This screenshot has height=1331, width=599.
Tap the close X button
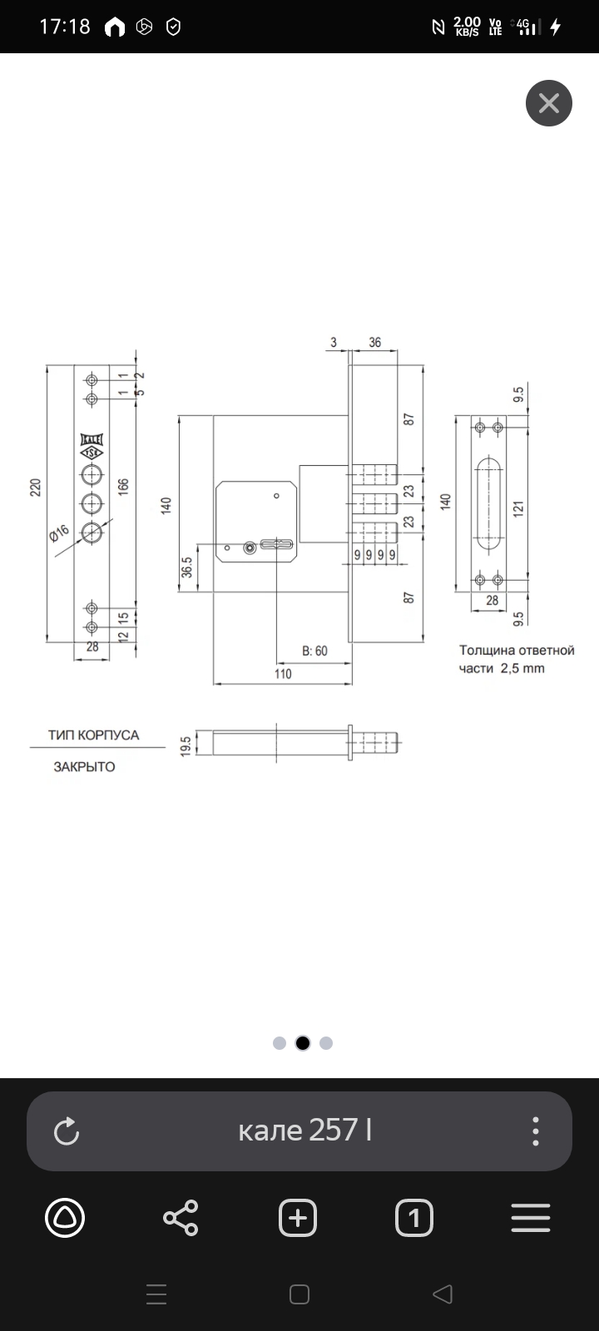coord(549,103)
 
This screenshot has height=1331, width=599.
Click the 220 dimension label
coord(35,487)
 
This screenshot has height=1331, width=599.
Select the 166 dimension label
coord(123,487)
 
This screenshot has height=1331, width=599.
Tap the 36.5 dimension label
coord(187,567)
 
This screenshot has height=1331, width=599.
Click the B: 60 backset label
coord(314,651)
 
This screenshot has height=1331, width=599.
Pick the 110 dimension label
coord(283,674)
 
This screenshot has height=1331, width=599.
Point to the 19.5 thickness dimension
coord(186,744)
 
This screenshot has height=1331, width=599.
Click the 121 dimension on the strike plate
coord(517,509)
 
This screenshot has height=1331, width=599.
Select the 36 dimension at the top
coord(374,342)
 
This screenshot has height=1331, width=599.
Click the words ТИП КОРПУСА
coord(93,735)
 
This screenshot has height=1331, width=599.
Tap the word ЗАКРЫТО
coord(85,767)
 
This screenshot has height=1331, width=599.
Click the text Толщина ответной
coord(517,651)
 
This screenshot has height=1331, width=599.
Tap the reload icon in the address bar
coord(66,1131)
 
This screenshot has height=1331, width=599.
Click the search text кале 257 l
coord(304,1131)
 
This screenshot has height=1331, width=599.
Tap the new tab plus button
coord(298,1219)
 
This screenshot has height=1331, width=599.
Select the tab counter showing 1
coord(414,1219)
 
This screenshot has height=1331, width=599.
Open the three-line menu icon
coord(531,1219)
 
